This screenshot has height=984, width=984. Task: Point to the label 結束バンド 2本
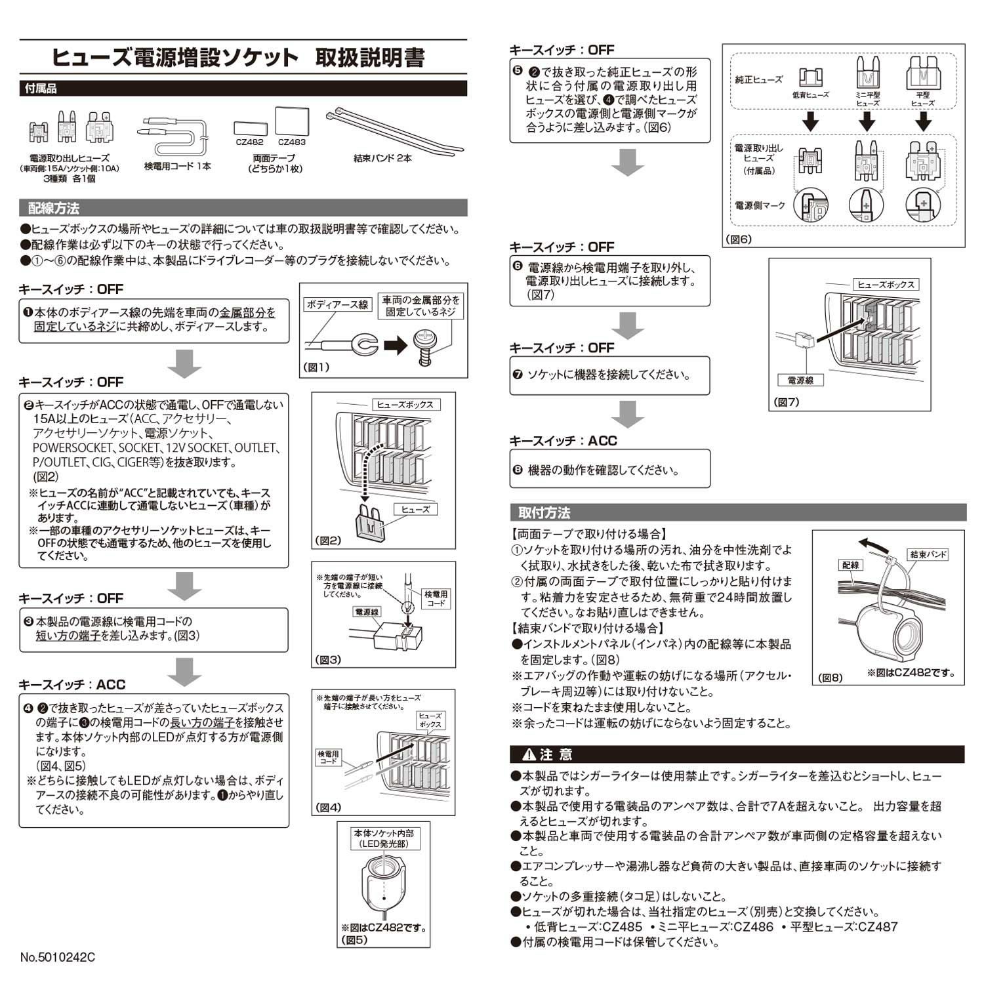click(x=382, y=158)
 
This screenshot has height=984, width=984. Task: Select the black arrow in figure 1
click(x=395, y=345)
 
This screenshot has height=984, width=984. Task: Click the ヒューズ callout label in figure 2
click(x=415, y=509)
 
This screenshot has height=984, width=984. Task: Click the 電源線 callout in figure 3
click(x=366, y=612)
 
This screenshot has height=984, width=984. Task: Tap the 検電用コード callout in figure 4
click(x=328, y=758)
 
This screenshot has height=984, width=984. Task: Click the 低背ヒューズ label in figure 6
click(x=810, y=95)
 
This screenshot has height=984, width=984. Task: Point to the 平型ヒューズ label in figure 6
click(x=922, y=99)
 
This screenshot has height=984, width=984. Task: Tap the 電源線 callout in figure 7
click(x=800, y=380)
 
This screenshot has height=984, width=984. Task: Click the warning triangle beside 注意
click(x=527, y=755)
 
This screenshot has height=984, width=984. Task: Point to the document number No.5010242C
click(x=58, y=957)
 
